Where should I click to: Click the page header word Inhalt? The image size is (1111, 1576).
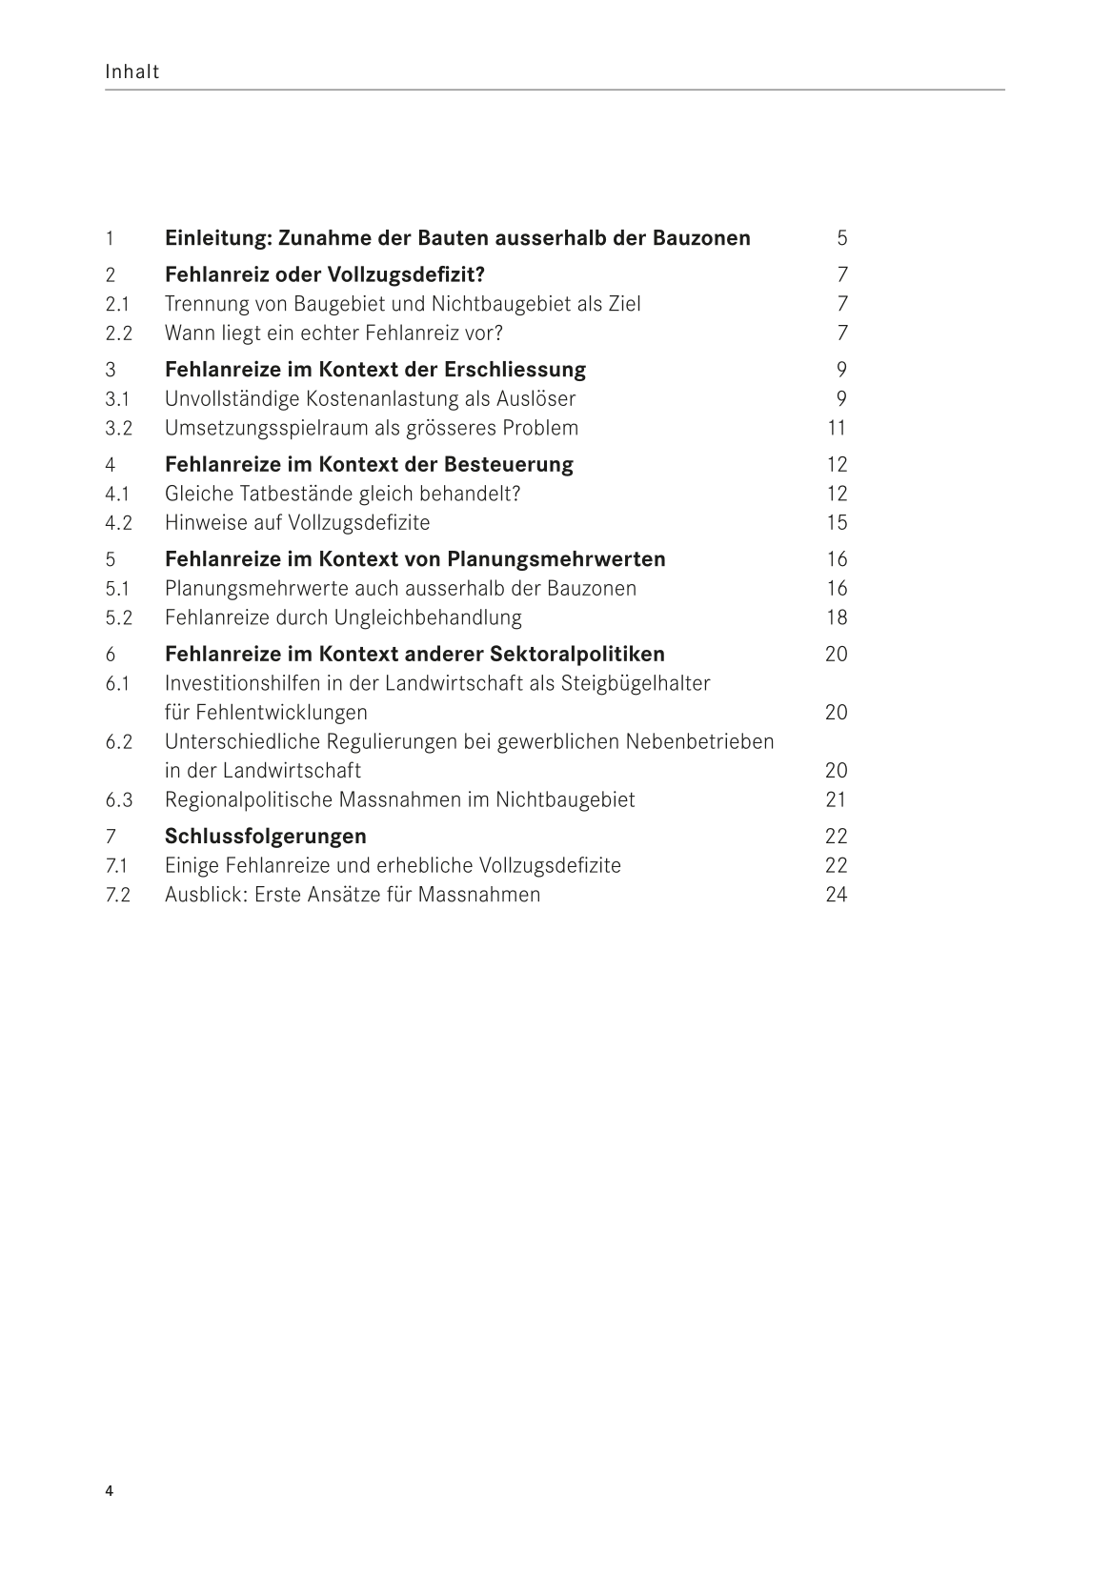click(132, 71)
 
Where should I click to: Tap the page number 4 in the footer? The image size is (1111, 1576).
click(110, 1491)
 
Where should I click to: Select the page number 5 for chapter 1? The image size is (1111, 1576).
click(841, 238)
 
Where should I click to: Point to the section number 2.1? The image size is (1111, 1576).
click(117, 304)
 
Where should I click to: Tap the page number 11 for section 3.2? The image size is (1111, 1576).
click(837, 428)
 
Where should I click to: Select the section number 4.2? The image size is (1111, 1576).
click(118, 523)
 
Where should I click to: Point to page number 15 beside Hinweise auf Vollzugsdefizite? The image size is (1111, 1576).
click(837, 523)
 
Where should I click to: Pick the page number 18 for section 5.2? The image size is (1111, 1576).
click(837, 617)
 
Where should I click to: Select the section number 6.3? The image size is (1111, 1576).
click(118, 800)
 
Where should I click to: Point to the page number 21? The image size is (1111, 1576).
click(836, 800)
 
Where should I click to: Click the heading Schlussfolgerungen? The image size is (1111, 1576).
click(266, 837)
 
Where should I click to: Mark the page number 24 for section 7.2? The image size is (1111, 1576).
click(836, 895)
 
